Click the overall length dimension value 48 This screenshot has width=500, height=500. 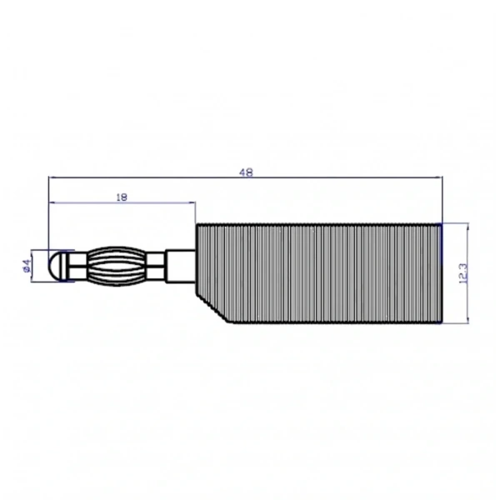tap(246, 172)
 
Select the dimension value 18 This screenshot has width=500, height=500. tap(122, 197)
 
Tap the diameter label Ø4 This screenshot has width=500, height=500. tap(27, 266)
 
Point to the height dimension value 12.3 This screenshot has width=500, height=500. tap(463, 273)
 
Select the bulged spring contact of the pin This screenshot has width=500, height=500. tap(117, 267)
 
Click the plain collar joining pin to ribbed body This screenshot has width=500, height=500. tap(181, 267)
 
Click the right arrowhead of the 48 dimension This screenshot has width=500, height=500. tap(439, 177)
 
